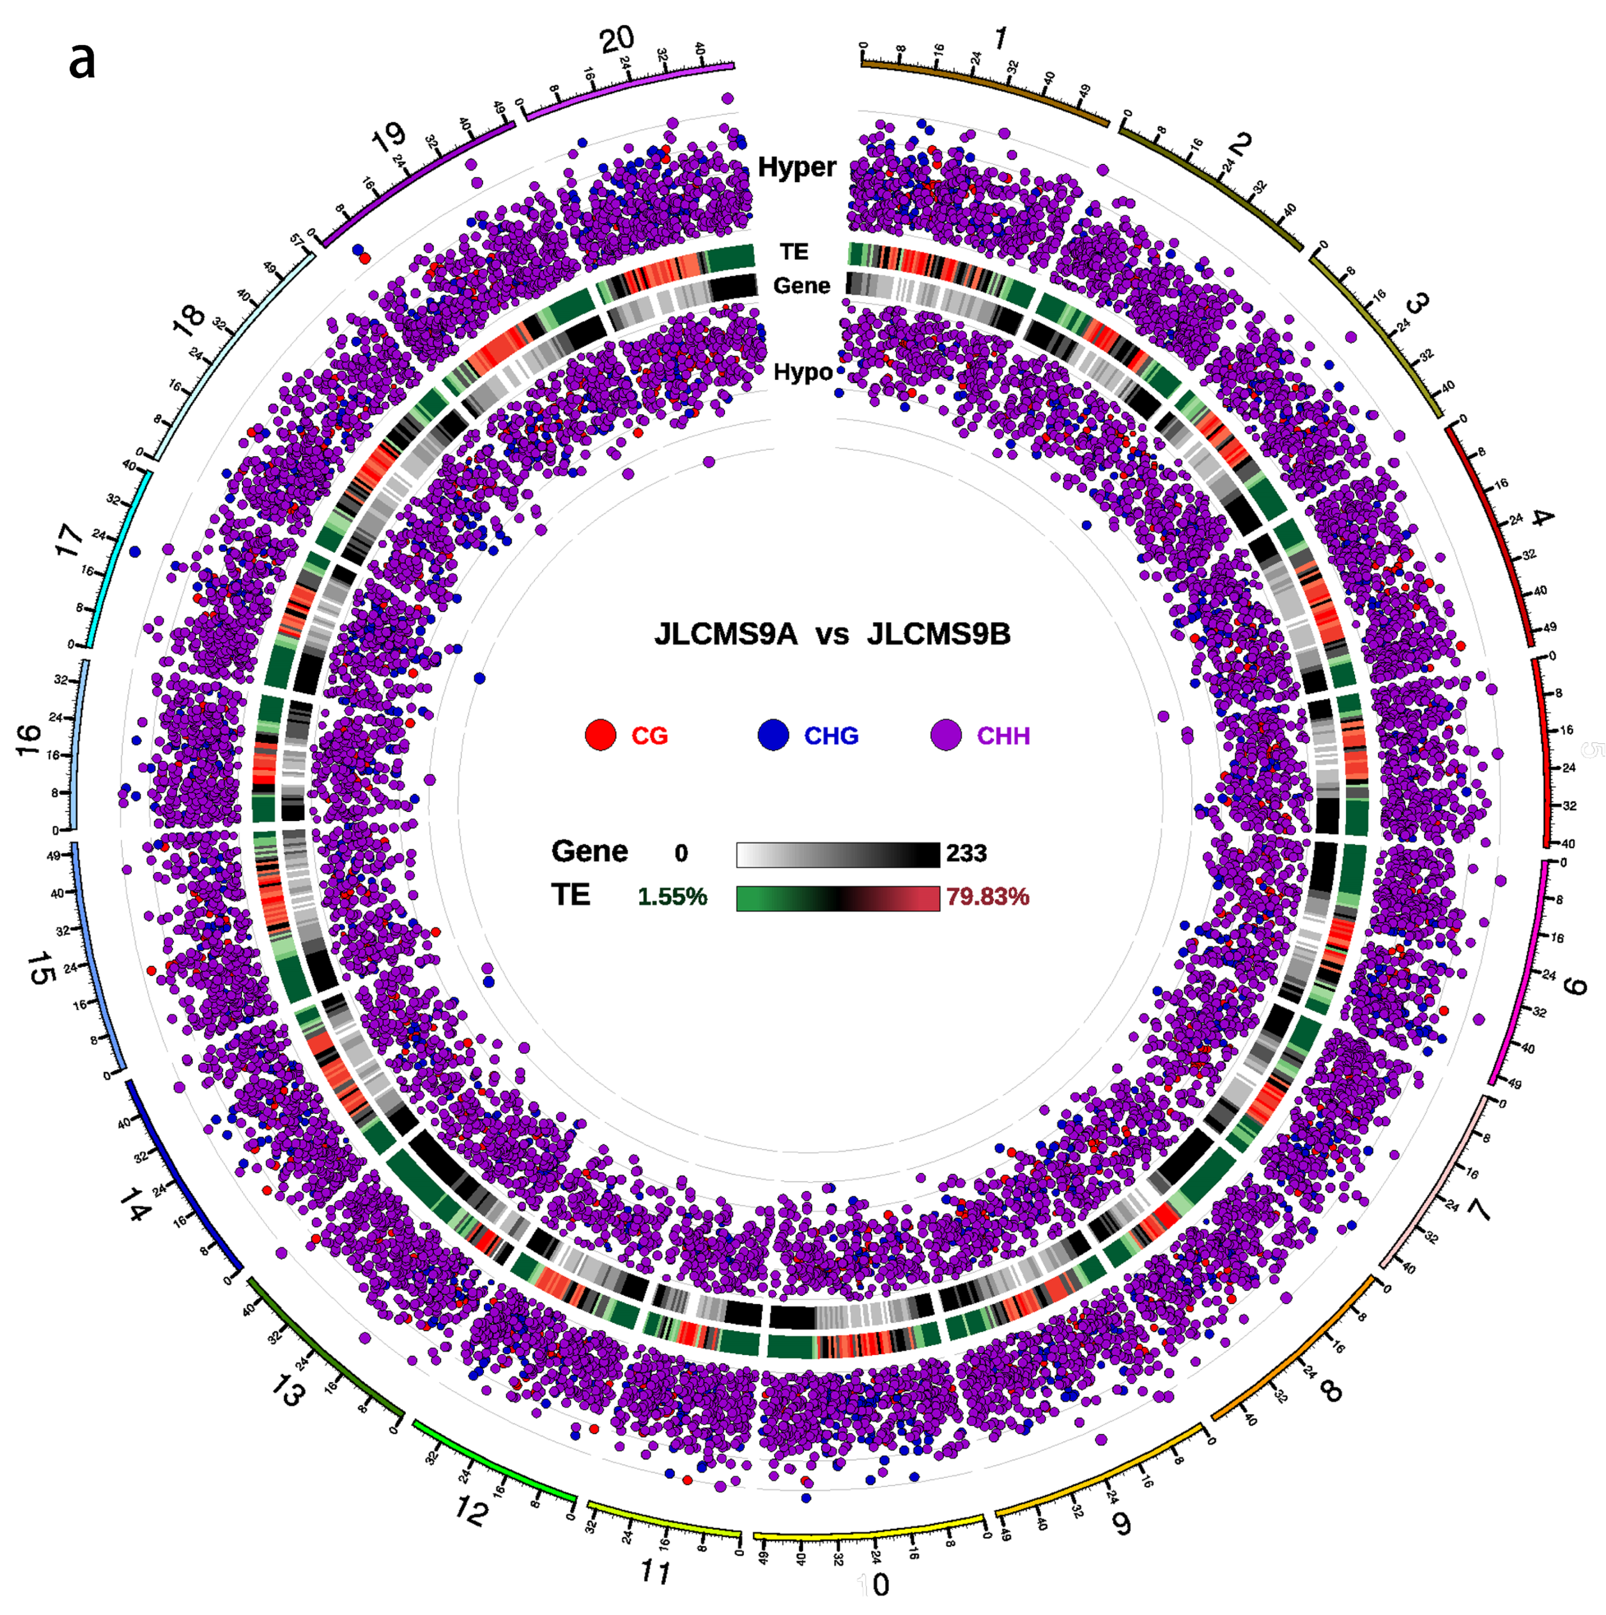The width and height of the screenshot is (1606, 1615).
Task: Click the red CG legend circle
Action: point(600,735)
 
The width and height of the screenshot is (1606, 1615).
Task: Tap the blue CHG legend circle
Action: point(773,735)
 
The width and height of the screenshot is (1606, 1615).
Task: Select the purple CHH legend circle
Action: point(945,735)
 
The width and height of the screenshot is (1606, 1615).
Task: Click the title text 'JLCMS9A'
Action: point(726,635)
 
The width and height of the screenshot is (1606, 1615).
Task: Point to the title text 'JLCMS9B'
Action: point(938,635)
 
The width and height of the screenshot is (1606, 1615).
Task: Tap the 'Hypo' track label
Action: point(803,372)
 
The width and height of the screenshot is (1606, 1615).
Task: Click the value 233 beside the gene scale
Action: point(966,853)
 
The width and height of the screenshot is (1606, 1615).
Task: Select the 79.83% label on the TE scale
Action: point(987,897)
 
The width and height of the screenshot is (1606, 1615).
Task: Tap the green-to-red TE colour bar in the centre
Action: point(838,898)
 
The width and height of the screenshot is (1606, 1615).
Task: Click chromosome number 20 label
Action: point(617,39)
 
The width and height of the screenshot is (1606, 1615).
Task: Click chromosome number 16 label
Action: point(29,740)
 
